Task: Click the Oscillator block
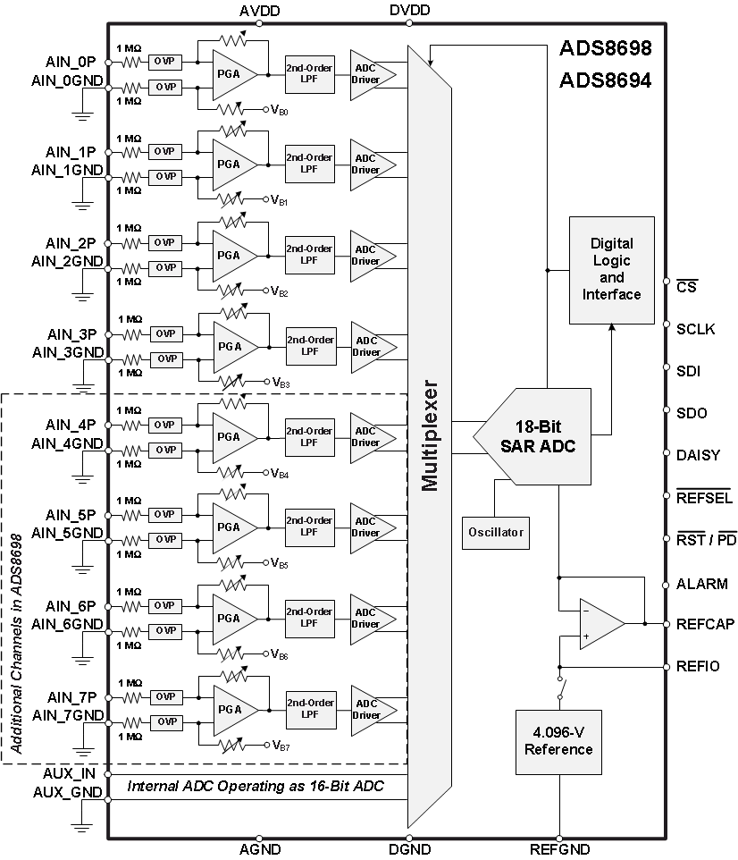[x=495, y=533]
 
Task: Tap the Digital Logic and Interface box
[x=612, y=269]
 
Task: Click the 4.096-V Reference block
[x=558, y=741]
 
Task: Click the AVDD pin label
[x=259, y=11]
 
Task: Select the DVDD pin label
[x=410, y=11]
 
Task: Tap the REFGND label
[x=559, y=849]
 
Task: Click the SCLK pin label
[x=696, y=328]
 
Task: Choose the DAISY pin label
[x=698, y=455]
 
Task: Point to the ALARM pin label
[x=702, y=584]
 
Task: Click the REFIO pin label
[x=699, y=666]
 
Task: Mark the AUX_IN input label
[x=70, y=772]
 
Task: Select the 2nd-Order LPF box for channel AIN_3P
[x=310, y=346]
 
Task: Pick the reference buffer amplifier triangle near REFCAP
[x=599, y=623]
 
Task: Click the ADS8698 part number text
[x=605, y=47]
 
